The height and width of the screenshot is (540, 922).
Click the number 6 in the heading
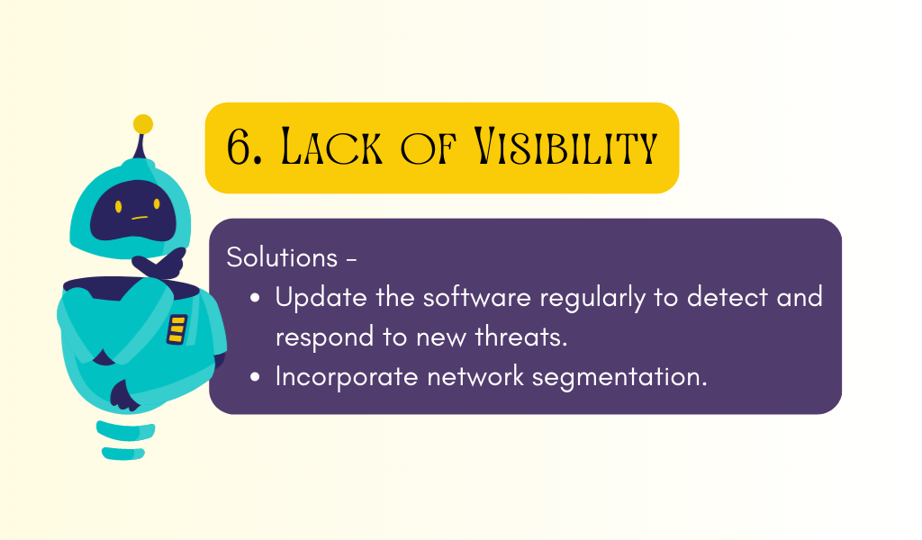(240, 146)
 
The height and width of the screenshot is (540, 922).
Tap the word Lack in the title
(332, 146)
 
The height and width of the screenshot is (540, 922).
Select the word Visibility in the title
(565, 146)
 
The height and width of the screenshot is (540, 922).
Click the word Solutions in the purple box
(282, 257)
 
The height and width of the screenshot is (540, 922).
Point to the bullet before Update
(255, 298)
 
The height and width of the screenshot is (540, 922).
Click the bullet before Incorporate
(255, 376)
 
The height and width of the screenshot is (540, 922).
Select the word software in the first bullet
(477, 297)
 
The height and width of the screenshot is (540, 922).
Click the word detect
(728, 297)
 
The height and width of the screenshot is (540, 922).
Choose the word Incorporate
(347, 377)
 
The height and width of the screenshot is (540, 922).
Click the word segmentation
(619, 377)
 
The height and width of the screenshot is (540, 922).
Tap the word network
(475, 376)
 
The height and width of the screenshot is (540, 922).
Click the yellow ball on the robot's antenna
(143, 124)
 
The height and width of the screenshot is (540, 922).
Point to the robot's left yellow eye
(118, 207)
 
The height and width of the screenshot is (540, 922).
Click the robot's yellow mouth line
(140, 218)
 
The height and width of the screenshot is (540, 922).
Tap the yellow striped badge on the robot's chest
(176, 329)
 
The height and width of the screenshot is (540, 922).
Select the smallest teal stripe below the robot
(123, 453)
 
